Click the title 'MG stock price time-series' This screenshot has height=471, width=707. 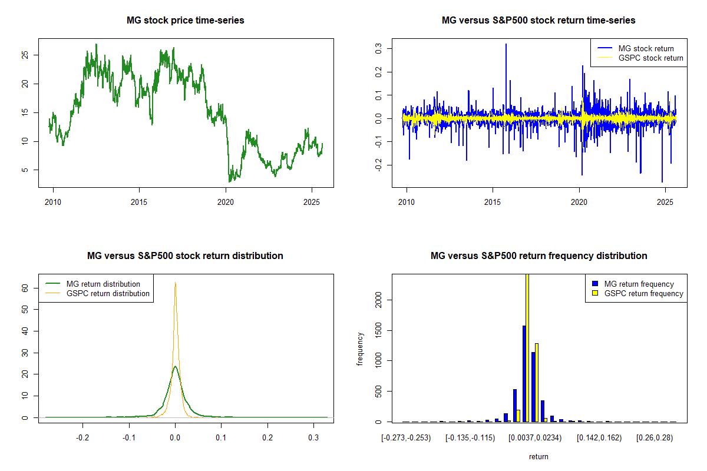pos(186,21)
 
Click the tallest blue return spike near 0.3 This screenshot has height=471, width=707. pos(506,45)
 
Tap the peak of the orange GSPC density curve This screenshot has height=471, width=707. pos(175,283)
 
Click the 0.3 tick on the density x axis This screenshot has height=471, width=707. pos(313,438)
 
